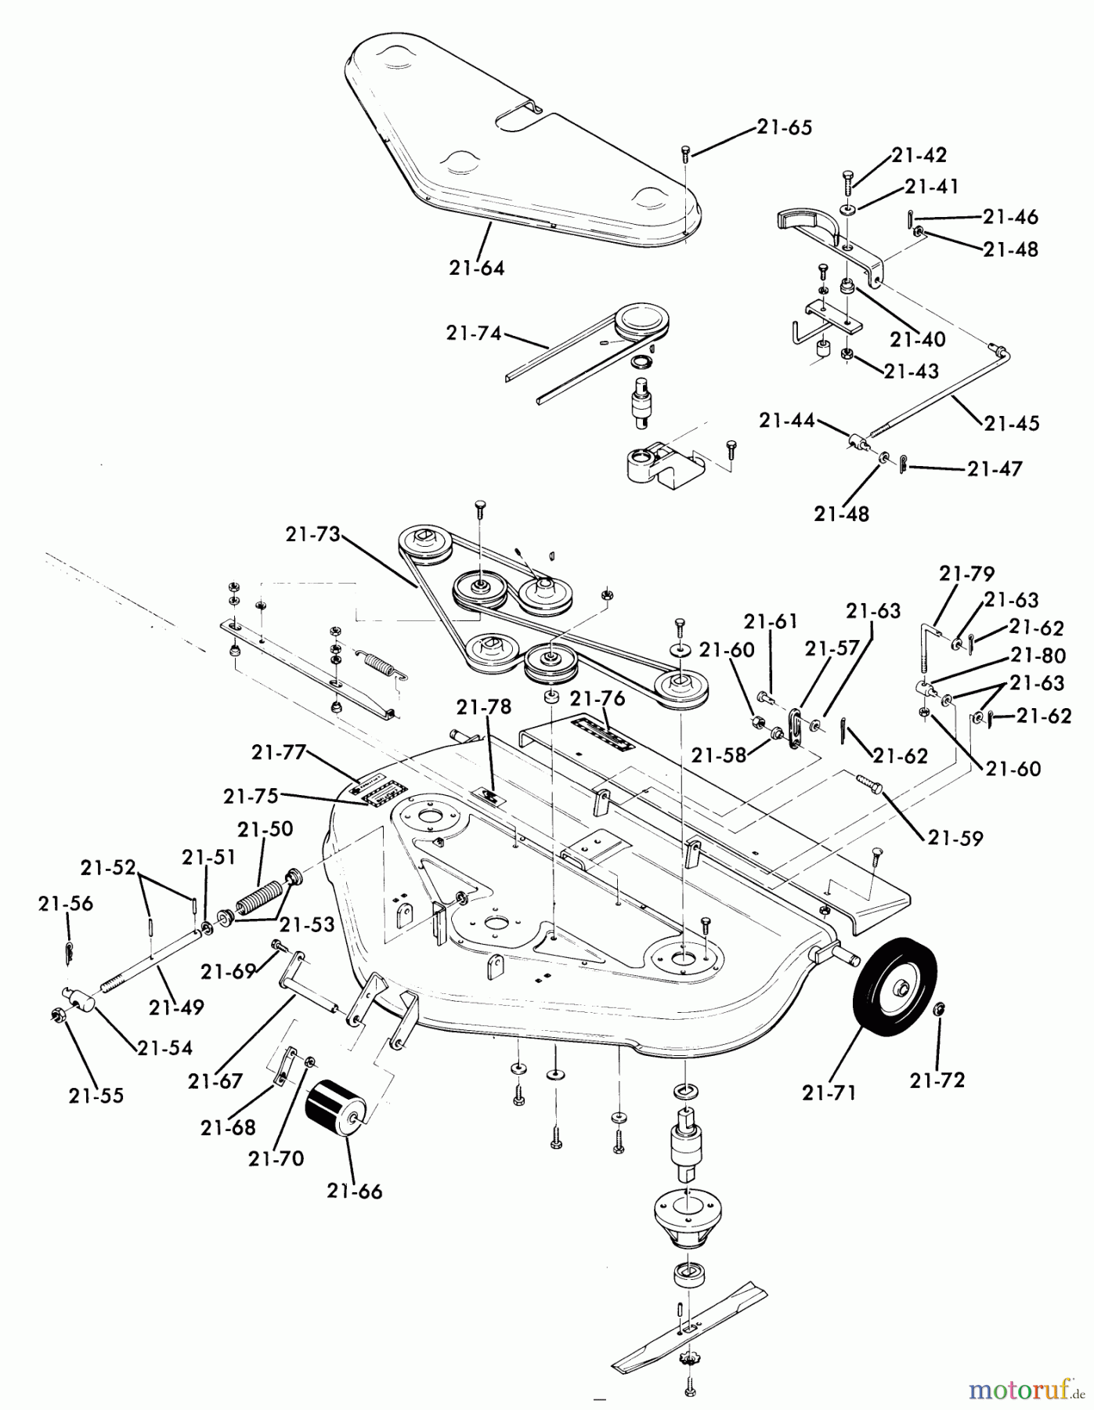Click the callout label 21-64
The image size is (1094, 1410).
(x=477, y=268)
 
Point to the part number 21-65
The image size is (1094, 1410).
(x=785, y=127)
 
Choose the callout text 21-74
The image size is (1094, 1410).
(x=474, y=332)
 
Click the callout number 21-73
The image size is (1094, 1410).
(x=313, y=535)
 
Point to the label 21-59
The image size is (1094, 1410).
(x=955, y=838)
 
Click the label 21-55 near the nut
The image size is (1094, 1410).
(x=96, y=1095)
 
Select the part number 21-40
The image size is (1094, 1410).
(x=918, y=340)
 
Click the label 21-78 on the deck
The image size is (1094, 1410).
(x=484, y=707)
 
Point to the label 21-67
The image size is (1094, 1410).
(x=215, y=1081)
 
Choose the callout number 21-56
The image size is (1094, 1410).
(x=66, y=904)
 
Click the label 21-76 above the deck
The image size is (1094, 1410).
(x=597, y=697)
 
